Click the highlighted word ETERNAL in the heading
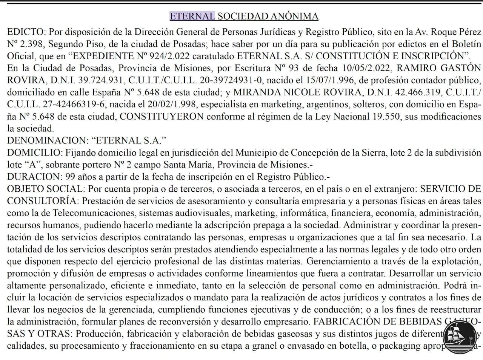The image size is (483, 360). (x=192, y=16)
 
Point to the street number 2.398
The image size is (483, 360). (x=32, y=44)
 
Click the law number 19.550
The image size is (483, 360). (x=387, y=117)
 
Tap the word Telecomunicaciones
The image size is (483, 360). (x=93, y=213)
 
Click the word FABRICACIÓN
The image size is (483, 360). (x=346, y=322)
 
